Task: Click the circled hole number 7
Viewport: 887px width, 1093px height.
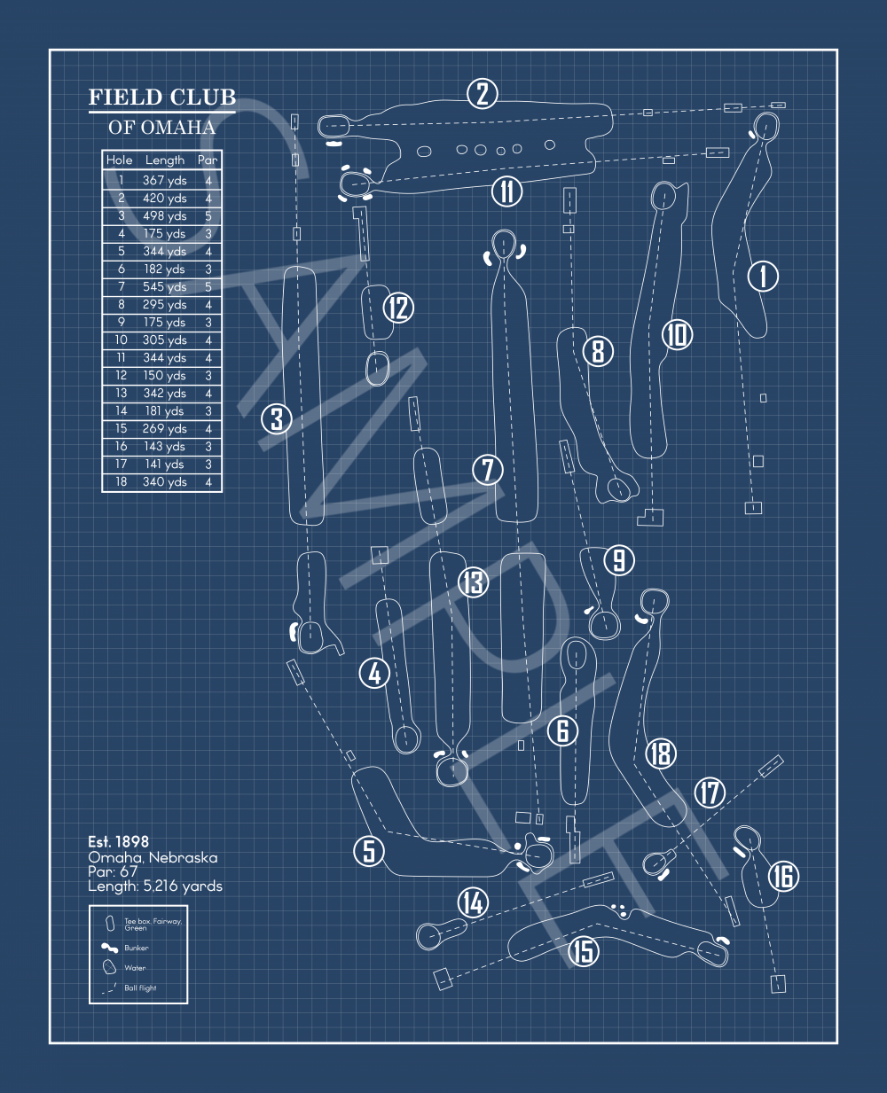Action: click(487, 469)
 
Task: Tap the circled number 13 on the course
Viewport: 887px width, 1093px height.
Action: click(473, 582)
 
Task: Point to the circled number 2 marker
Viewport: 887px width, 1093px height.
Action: click(483, 93)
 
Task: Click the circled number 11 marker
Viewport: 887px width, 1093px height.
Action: click(506, 191)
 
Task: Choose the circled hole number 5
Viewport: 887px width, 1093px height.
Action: click(369, 851)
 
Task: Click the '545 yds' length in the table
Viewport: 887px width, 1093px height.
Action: click(164, 287)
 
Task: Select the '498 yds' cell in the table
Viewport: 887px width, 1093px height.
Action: click(164, 216)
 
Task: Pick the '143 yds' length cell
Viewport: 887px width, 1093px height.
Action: click(164, 447)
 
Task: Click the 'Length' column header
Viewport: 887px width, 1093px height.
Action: click(165, 160)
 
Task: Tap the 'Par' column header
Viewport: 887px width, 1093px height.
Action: click(208, 160)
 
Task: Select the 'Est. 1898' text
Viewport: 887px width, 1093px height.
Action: click(118, 841)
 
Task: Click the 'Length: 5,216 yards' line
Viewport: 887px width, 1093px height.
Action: click(154, 886)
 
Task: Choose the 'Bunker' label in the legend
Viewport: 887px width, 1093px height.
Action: click(137, 948)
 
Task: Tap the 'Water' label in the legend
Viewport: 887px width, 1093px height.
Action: click(135, 968)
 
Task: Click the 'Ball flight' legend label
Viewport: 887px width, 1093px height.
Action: click(140, 988)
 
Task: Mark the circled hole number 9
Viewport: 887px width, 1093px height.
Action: click(619, 559)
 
